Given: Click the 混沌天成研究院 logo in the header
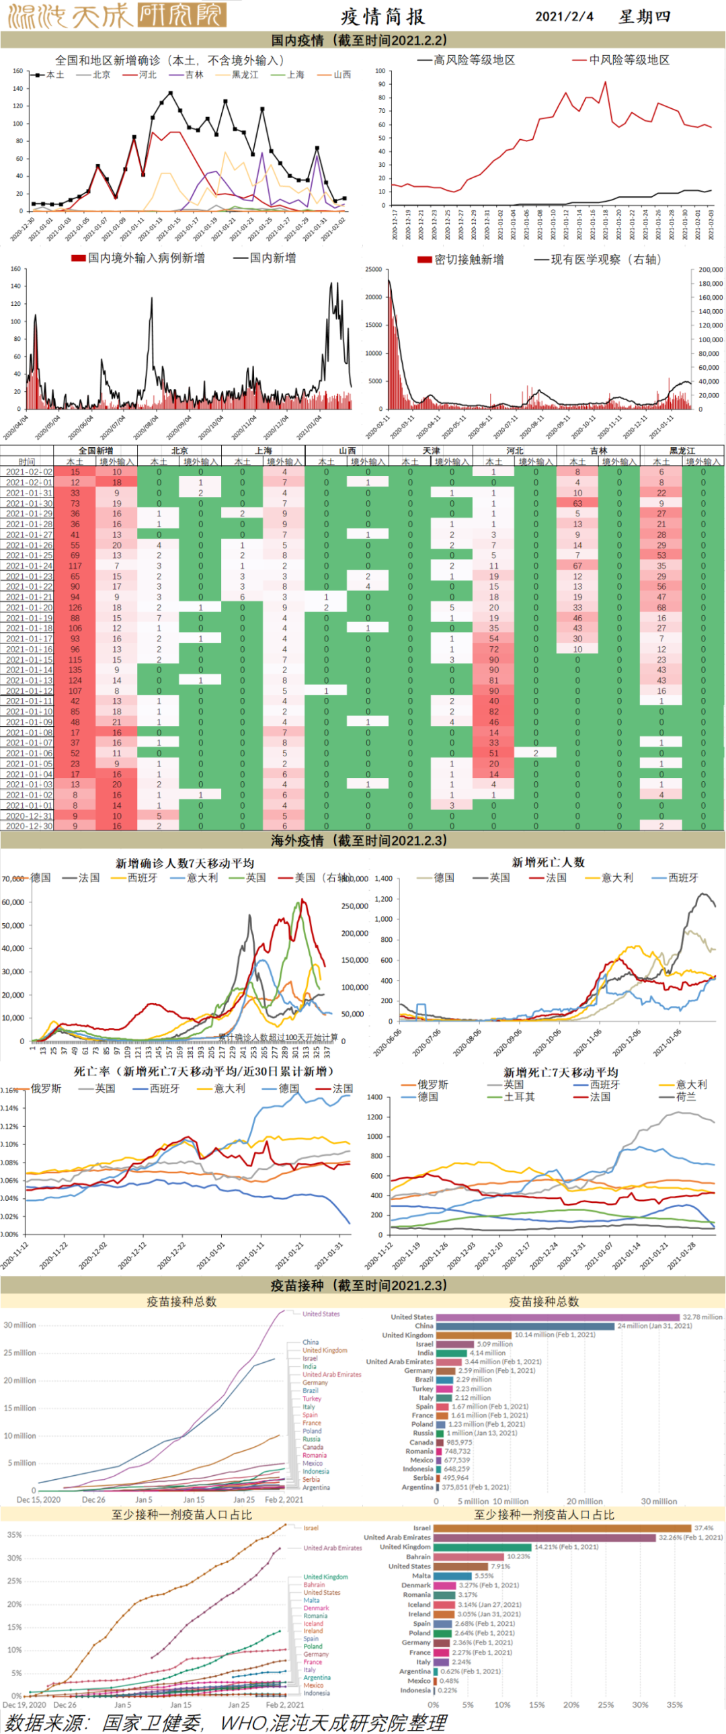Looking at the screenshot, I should click(x=116, y=15).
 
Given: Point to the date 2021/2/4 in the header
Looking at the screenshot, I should click(x=564, y=17).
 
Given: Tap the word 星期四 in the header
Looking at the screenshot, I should click(x=644, y=17).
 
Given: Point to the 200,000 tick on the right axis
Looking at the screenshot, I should click(x=711, y=269).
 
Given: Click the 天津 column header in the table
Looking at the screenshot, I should click(x=431, y=450).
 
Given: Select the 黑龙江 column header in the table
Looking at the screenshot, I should click(x=682, y=450).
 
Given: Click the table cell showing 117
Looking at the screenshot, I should click(x=75, y=566).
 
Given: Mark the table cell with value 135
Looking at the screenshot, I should click(x=75, y=670).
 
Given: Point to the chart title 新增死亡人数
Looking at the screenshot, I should click(x=548, y=862).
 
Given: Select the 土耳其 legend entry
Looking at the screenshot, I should click(x=519, y=1097).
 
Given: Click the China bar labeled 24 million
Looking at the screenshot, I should click(x=525, y=1326).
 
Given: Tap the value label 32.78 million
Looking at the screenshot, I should click(x=702, y=1317).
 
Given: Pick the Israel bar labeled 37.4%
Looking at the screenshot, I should click(x=563, y=1529).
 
